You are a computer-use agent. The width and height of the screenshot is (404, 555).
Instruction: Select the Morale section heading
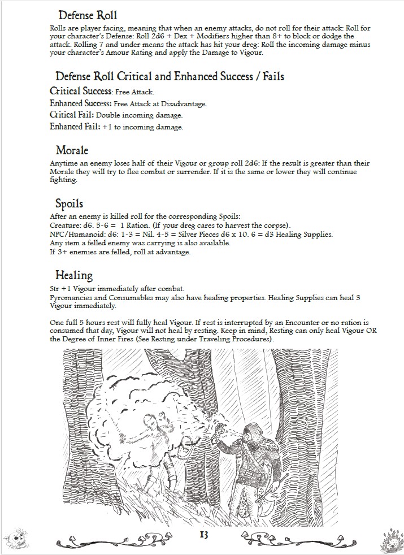click(71, 150)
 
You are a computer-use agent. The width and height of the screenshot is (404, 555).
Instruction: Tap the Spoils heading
click(69, 203)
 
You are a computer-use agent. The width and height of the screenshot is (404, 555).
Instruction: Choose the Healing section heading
click(73, 275)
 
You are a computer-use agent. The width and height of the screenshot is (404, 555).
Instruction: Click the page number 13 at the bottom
click(203, 534)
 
